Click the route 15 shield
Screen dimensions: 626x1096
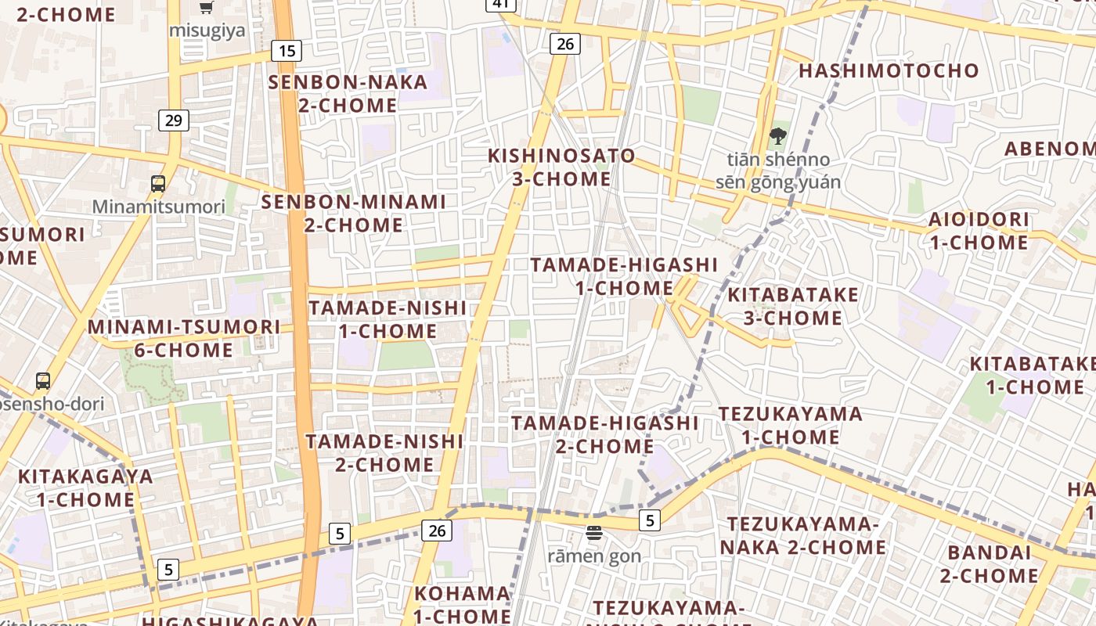coord(287,52)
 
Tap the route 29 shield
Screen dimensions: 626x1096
coord(174,121)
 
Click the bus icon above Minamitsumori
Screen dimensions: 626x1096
coord(158,185)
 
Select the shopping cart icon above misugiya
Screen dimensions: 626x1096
coord(206,8)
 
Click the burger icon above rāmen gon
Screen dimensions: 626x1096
coord(594,534)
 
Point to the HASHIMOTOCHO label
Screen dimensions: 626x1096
coord(889,71)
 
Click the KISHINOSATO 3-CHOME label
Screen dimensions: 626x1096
coord(561,167)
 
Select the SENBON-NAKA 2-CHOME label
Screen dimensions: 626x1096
coord(348,93)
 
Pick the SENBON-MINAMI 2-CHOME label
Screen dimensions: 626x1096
coord(353,213)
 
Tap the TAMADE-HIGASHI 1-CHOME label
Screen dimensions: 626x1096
coord(624,275)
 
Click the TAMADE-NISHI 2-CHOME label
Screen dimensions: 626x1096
coord(384,452)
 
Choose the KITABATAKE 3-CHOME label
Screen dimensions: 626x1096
coord(793,306)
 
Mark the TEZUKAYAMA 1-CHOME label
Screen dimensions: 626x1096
coord(790,425)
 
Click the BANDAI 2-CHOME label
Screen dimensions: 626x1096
coord(989,563)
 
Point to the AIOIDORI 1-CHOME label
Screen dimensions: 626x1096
coord(979,231)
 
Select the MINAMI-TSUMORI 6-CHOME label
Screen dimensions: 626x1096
coord(184,338)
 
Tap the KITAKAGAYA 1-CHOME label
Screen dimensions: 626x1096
coord(85,487)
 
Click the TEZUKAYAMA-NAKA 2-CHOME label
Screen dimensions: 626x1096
coord(803,535)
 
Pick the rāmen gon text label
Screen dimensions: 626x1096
coord(594,556)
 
